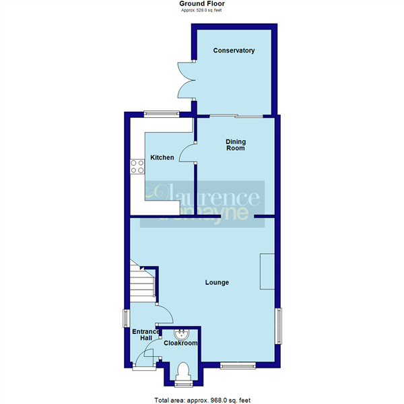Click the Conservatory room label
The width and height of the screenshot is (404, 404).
[234, 50]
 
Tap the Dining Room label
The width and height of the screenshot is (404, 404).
[235, 144]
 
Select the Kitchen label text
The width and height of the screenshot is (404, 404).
[162, 158]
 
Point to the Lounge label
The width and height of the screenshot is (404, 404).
[217, 282]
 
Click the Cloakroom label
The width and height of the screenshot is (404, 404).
[181, 343]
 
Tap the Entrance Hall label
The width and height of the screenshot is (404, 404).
[145, 335]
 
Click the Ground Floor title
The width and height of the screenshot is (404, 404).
[201, 4]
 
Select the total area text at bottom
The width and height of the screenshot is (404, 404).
[201, 400]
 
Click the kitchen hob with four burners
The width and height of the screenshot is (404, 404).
[137, 166]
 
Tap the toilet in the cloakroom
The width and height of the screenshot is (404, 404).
[182, 372]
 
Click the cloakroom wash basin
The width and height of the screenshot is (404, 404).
[182, 333]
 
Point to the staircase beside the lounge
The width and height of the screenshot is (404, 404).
[142, 281]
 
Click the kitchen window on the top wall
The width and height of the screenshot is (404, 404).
[161, 113]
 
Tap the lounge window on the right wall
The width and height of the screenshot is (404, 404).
[277, 325]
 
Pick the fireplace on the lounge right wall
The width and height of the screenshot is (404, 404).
[267, 271]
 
